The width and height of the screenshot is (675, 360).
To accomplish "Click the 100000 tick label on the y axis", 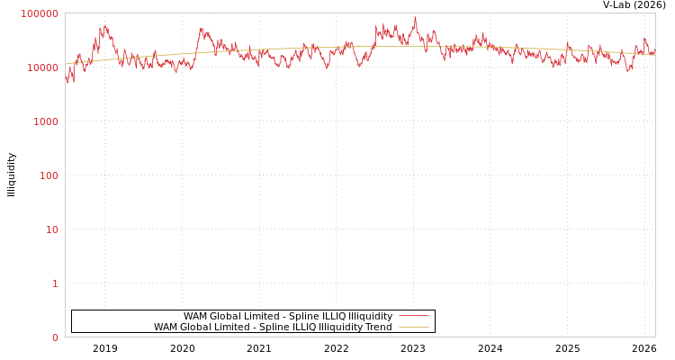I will tap(40, 13).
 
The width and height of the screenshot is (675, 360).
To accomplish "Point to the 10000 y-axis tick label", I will tap(42, 67).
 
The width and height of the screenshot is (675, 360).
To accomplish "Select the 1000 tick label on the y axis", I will tap(45, 121).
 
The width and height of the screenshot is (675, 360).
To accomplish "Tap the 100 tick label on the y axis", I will tap(48, 175).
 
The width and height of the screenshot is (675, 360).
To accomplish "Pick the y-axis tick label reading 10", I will tap(51, 229).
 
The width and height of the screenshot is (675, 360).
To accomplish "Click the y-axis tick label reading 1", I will tap(54, 283).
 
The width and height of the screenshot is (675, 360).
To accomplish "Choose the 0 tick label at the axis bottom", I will tap(54, 337).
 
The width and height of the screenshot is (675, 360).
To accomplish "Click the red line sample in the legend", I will tap(413, 316).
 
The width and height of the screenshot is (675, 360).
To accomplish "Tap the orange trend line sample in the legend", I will tap(413, 328).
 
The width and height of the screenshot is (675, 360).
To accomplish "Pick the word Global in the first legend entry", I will tap(225, 316).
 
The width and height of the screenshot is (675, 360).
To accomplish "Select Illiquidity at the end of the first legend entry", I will tap(370, 316).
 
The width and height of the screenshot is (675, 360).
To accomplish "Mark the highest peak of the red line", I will tap(415, 18).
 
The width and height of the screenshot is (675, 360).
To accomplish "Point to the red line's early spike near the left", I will tap(105, 26).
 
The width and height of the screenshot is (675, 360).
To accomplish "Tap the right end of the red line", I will tap(654, 52).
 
